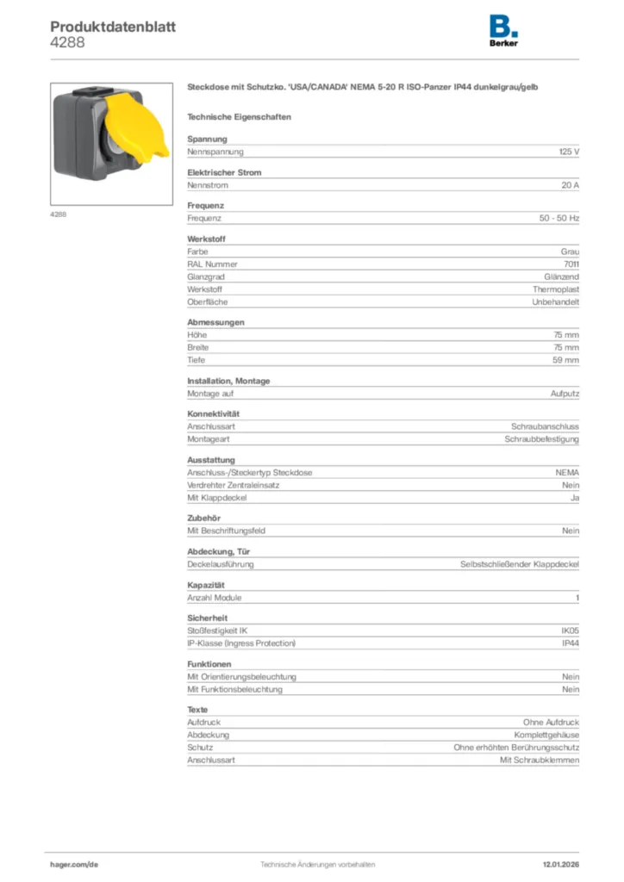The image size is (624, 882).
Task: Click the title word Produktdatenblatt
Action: click(113, 27)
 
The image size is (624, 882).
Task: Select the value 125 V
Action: click(569, 152)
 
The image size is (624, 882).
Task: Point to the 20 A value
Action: click(570, 185)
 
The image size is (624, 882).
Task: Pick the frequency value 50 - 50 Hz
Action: click(559, 219)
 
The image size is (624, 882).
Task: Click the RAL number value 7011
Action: click(571, 264)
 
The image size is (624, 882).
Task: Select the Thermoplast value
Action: click(556, 289)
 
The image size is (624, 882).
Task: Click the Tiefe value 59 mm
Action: click(565, 360)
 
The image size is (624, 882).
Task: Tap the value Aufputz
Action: click(565, 394)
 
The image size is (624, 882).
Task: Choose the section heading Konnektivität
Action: click(213, 414)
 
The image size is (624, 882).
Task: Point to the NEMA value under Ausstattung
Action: click(567, 473)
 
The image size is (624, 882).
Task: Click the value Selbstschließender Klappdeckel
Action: click(520, 564)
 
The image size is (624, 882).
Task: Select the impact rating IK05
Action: click(570, 631)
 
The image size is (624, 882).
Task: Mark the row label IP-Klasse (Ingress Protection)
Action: click(241, 643)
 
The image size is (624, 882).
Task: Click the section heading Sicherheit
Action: click(207, 618)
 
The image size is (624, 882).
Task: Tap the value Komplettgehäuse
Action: click(546, 735)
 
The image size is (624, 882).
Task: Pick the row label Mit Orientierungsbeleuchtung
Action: click(241, 677)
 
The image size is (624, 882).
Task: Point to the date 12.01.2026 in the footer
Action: click(560, 864)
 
